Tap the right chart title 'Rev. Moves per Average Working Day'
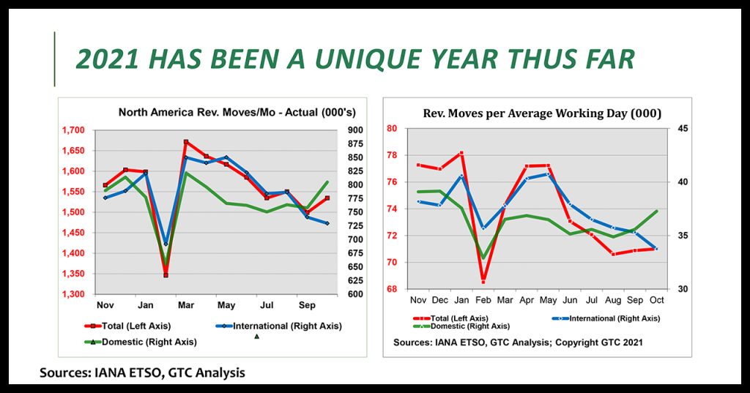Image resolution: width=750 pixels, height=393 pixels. [x=542, y=113]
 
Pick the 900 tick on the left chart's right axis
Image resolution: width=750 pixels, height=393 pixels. [x=356, y=130]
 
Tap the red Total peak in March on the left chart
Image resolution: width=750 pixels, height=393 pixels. [x=186, y=142]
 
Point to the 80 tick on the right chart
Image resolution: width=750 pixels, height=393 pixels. [x=392, y=129]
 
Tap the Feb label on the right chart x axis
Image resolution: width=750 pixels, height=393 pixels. [x=483, y=300]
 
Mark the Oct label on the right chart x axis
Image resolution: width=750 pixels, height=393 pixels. [x=656, y=300]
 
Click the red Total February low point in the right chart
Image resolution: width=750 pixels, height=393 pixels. [x=483, y=282]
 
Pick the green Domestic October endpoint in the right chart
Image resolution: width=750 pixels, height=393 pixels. [x=656, y=211]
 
